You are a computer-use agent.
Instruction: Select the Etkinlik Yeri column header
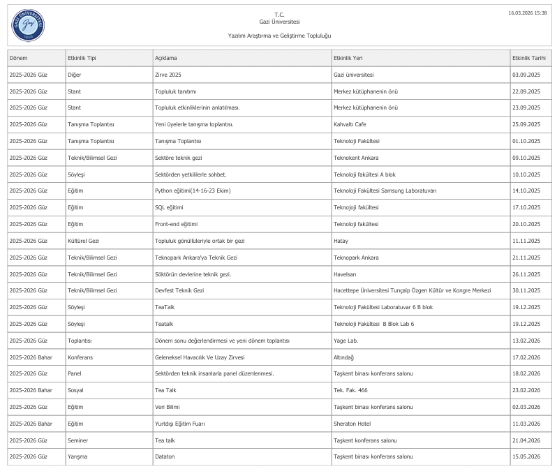tap(352, 58)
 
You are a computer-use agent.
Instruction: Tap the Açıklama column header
tap(165, 58)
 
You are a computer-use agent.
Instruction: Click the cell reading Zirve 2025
tap(168, 75)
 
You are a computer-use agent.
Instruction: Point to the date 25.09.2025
tap(526, 124)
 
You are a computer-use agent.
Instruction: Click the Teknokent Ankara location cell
tap(356, 158)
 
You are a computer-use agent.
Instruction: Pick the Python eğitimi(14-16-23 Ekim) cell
tap(193, 191)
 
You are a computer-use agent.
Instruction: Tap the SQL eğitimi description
tap(169, 207)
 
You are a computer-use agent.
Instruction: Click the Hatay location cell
tap(341, 241)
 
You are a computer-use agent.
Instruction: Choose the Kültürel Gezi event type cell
tap(83, 241)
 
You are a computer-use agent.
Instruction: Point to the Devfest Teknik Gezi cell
tap(179, 290)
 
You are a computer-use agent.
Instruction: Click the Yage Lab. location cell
tap(346, 341)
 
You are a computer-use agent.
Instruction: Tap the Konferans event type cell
tap(80, 357)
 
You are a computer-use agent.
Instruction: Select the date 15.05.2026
tap(526, 457)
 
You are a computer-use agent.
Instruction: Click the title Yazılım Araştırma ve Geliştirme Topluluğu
tap(279, 36)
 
